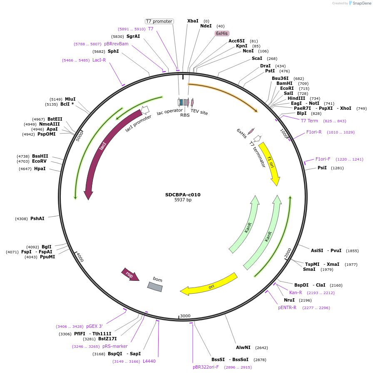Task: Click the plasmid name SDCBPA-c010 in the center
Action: [183, 195]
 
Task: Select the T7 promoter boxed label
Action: [159, 21]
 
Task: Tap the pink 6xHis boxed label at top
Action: [222, 33]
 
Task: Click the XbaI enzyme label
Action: [193, 21]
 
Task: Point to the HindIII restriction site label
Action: [296, 98]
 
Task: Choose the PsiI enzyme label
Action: [322, 168]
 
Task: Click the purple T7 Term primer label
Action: [309, 121]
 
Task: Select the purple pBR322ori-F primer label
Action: [206, 367]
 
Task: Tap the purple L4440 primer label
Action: [149, 361]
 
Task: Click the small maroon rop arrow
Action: [130, 275]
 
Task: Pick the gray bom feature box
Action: [155, 287]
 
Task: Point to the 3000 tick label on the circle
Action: [185, 316]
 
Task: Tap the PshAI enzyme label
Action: [37, 218]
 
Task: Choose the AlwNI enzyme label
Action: [243, 347]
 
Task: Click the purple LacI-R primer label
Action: [99, 60]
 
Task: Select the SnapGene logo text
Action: [360, 3]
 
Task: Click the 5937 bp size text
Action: [183, 200]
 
